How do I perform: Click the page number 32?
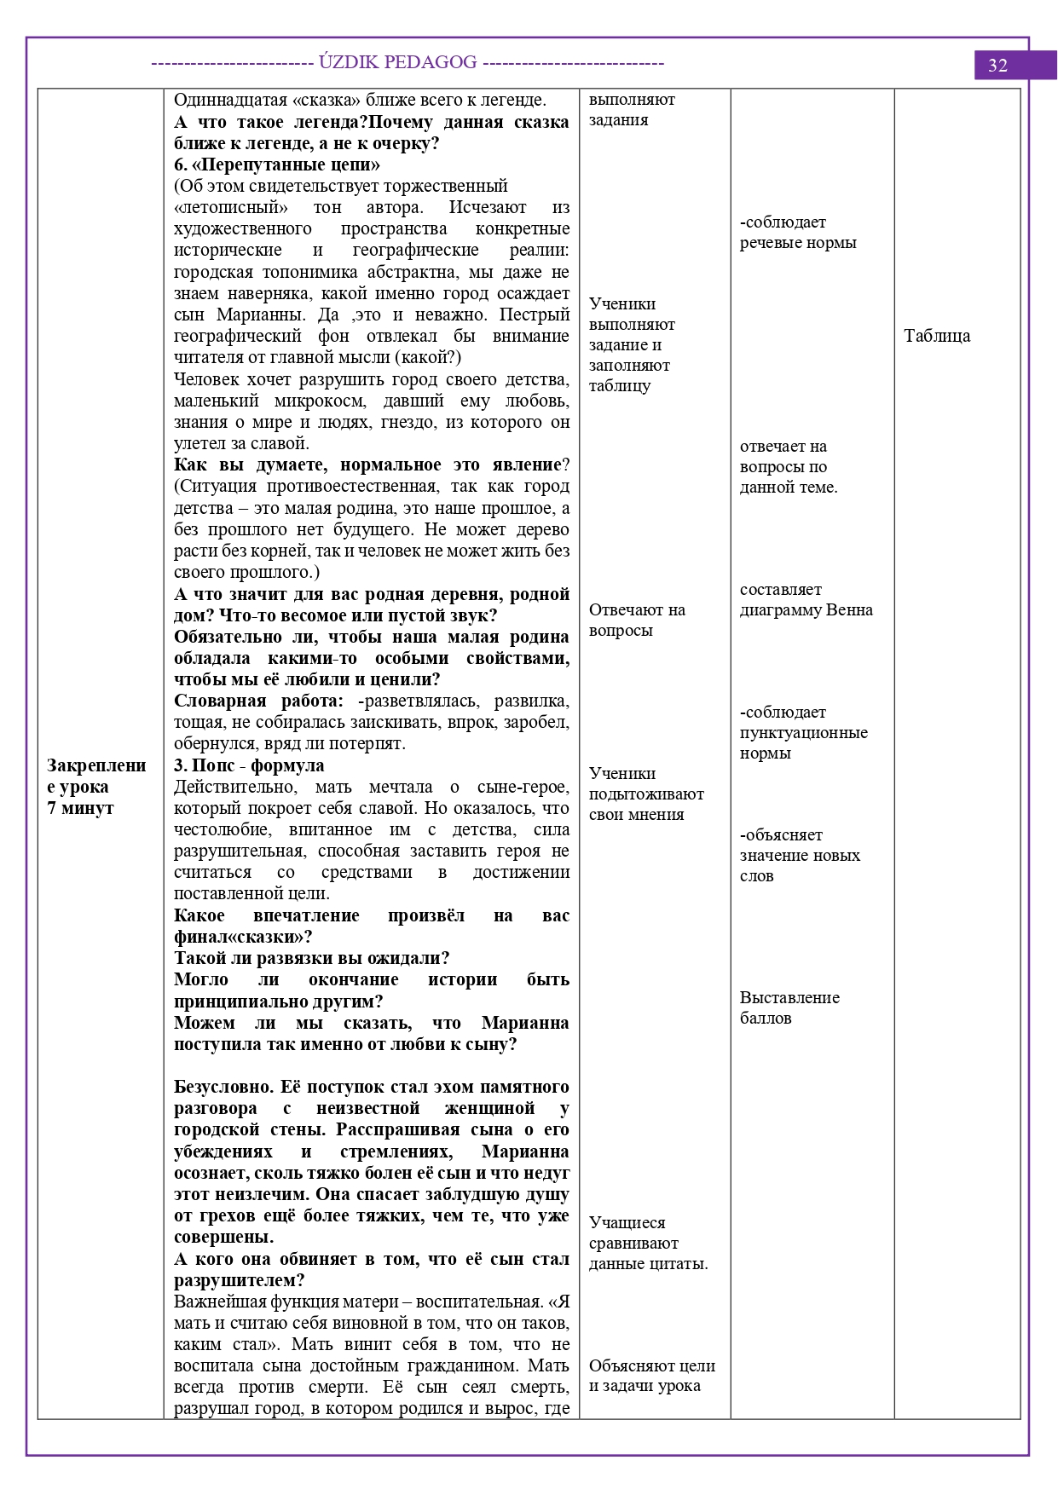[x=997, y=66]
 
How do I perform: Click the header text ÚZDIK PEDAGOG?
[x=397, y=62]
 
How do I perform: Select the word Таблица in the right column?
[x=936, y=336]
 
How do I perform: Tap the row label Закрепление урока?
[x=96, y=776]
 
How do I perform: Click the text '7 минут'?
[x=80, y=808]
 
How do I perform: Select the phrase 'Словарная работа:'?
[x=258, y=701]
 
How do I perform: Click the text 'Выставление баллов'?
[x=789, y=1007]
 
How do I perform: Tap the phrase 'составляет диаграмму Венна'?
[x=806, y=600]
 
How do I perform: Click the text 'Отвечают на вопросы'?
[x=636, y=620]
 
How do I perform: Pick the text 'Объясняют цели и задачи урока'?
[x=651, y=1376]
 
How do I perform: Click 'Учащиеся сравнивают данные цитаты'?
[x=647, y=1243]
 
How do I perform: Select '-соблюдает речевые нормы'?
[x=797, y=233]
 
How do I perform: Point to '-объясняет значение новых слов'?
[x=799, y=855]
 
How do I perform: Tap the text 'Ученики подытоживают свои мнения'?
[x=645, y=794]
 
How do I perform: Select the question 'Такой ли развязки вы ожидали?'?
[x=311, y=958]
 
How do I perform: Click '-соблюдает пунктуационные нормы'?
[x=803, y=732]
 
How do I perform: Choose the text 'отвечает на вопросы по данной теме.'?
[x=788, y=466]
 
